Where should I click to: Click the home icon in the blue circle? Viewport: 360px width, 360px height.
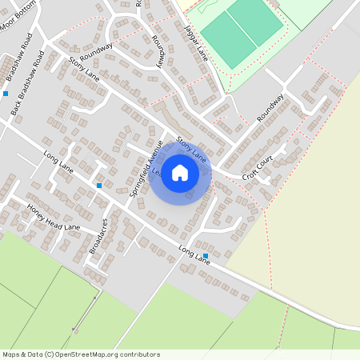click(180, 173)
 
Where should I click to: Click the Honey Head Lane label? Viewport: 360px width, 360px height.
click(54, 217)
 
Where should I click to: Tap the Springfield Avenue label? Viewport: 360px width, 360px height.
click(146, 168)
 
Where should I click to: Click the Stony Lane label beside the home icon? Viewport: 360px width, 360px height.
click(191, 150)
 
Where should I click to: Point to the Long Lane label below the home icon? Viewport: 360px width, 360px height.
click(194, 250)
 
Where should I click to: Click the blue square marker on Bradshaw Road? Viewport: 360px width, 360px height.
click(5, 94)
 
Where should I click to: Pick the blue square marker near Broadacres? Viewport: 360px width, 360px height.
click(99, 186)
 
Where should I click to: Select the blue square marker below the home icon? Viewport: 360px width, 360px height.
click(206, 256)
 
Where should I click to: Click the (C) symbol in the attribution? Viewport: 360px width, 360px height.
click(49, 354)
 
